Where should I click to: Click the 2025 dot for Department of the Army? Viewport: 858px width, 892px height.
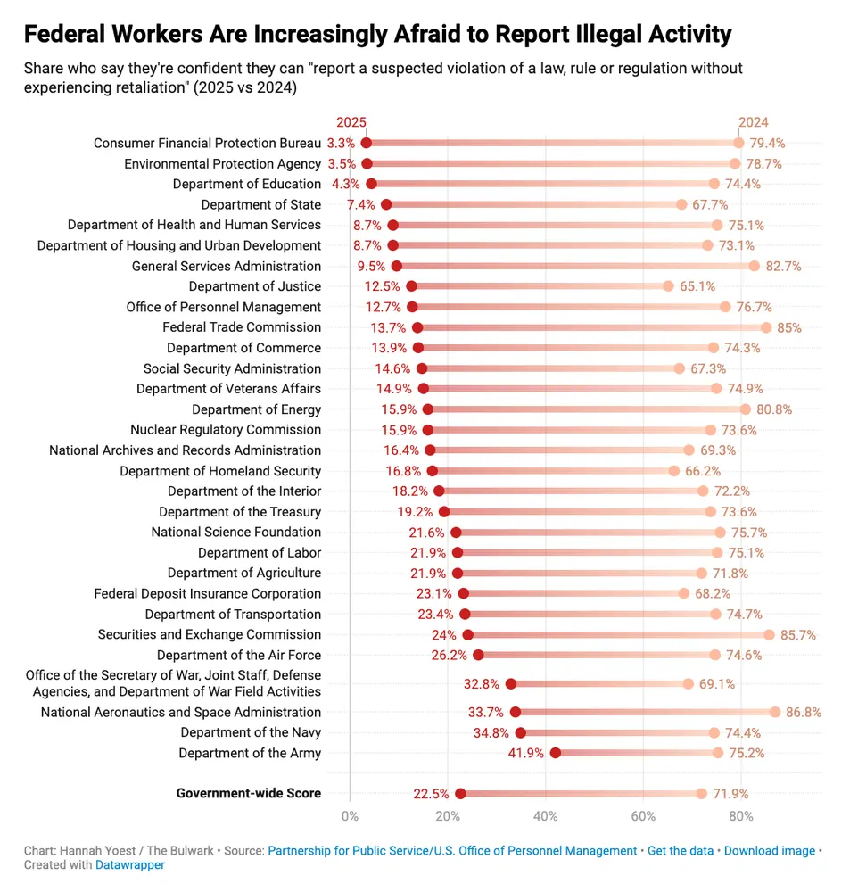[556, 753]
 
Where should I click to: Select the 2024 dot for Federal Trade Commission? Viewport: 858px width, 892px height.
[766, 327]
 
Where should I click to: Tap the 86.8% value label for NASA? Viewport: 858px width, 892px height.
[803, 712]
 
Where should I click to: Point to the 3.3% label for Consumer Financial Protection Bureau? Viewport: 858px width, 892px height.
[341, 143]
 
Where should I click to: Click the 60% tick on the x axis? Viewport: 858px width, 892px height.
[643, 815]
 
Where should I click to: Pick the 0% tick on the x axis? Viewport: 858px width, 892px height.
[350, 815]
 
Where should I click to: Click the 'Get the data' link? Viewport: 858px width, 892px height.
[681, 851]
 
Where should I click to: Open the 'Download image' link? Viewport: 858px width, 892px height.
[769, 851]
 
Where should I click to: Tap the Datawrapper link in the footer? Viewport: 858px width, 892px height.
[130, 864]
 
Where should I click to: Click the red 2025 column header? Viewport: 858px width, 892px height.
[351, 122]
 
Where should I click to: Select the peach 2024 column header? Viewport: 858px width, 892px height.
[753, 122]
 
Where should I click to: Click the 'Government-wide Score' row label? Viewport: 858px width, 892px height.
[248, 793]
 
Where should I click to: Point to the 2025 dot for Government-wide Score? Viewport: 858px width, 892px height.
[460, 794]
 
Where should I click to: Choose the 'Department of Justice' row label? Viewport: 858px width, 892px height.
[255, 286]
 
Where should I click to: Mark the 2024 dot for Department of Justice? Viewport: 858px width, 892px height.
[668, 286]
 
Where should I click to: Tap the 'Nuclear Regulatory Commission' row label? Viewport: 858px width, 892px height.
[226, 430]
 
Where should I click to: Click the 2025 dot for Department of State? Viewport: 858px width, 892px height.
[386, 204]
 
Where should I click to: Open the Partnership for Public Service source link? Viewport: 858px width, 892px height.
[452, 851]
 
